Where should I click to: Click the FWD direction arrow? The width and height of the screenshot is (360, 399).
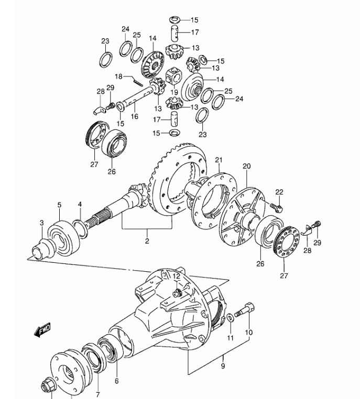42,330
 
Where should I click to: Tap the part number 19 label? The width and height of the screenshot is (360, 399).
174,92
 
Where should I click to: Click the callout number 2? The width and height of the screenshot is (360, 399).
147,241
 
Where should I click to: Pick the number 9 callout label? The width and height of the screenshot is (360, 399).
223,366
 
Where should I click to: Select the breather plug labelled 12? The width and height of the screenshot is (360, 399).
177,293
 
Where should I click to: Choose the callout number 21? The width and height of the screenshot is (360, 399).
219,160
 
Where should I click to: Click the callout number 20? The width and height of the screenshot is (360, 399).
246,166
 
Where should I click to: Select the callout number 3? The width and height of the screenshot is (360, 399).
42,223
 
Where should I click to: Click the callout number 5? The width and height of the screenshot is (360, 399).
59,205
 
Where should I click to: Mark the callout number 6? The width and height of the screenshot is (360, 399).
117,381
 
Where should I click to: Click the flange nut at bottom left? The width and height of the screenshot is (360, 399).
47,387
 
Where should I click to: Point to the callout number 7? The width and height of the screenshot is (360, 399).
98,395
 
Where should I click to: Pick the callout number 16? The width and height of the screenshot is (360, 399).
135,116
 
